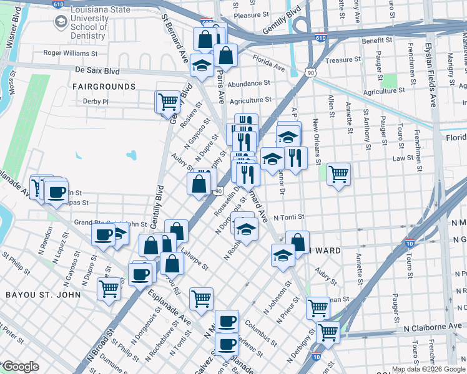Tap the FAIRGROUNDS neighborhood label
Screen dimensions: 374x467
pyautogui.click(x=104, y=86)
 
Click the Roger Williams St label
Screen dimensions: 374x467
pyautogui.click(x=74, y=53)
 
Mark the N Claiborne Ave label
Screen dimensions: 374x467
pyautogui.click(x=432, y=327)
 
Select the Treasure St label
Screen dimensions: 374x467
pyautogui.click(x=343, y=60)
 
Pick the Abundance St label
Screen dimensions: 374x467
pyautogui.click(x=248, y=82)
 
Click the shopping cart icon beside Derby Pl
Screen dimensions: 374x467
pyautogui.click(x=167, y=101)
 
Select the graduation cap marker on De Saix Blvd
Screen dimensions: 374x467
pyautogui.click(x=202, y=65)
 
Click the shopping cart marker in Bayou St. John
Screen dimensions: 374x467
pyautogui.click(x=109, y=289)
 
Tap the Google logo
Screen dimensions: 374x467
pyautogui.click(x=21, y=367)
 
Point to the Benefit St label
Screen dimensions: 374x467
pyautogui.click(x=376, y=40)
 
